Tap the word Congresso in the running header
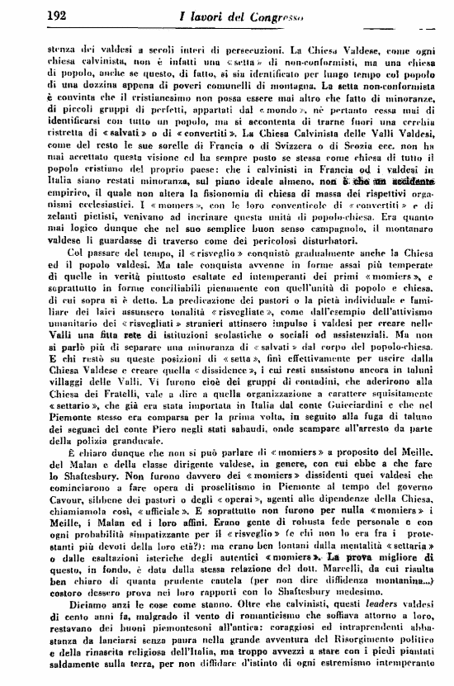tap(272, 15)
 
